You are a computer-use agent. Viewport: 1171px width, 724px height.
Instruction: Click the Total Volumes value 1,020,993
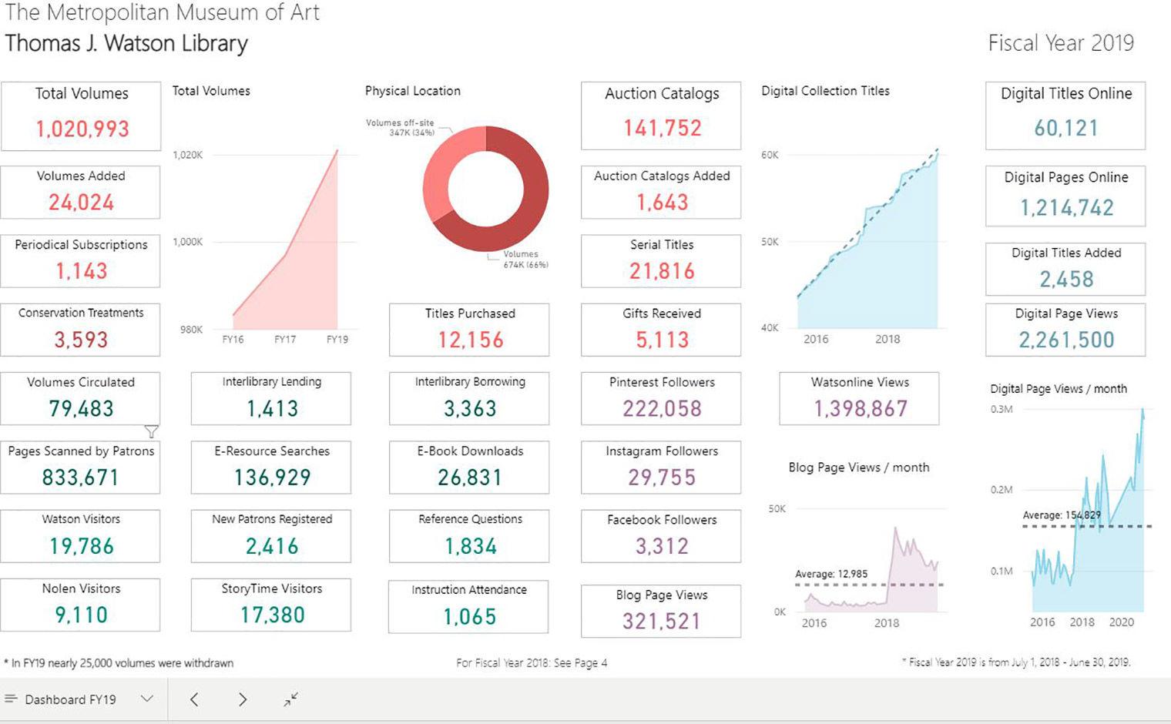point(82,129)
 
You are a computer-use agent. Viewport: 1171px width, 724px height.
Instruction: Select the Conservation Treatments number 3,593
point(81,340)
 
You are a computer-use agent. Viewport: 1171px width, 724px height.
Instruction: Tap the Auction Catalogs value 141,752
point(662,128)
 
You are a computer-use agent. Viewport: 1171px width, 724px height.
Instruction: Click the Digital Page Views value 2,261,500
point(1066,340)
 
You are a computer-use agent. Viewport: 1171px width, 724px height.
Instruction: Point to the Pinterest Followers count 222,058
point(662,408)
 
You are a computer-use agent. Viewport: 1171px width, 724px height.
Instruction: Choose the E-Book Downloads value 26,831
point(470,478)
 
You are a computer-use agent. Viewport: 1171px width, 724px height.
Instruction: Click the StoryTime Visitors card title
point(271,588)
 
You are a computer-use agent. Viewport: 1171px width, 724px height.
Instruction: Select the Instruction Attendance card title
point(469,590)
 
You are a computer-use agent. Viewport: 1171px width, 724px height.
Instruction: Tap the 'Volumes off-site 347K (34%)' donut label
point(401,128)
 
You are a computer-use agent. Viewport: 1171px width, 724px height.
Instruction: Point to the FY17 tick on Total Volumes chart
point(285,340)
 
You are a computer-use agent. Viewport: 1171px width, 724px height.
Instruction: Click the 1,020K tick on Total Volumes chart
point(188,155)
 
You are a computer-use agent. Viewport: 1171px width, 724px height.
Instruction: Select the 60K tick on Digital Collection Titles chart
point(770,155)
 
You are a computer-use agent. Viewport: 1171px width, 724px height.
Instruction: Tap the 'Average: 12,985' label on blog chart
point(831,574)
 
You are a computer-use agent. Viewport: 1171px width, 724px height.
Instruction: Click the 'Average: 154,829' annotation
point(1062,515)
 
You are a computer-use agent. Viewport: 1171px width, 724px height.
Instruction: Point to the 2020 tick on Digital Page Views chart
point(1121,622)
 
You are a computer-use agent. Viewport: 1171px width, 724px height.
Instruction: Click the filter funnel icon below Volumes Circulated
point(152,431)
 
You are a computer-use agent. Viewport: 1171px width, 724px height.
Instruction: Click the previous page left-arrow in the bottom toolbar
point(194,699)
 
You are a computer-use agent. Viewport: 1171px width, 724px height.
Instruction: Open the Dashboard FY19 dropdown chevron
point(147,699)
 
